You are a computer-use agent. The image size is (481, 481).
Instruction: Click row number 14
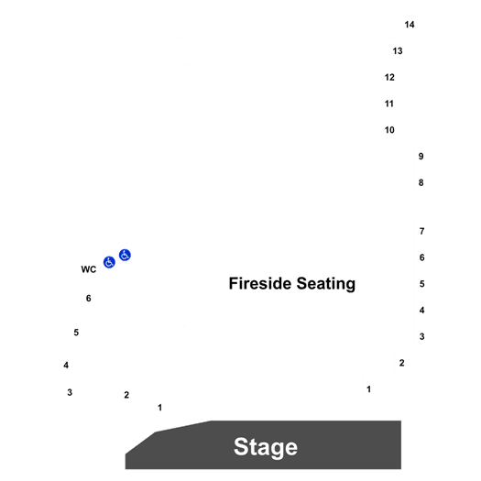click(x=410, y=25)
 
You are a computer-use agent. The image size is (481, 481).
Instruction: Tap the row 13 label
click(x=398, y=51)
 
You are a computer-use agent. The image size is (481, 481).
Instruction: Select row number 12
click(x=389, y=77)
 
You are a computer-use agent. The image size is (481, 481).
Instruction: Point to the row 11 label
click(x=389, y=104)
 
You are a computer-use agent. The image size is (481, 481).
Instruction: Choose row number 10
click(x=389, y=130)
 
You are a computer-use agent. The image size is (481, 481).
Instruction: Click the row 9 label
click(x=421, y=157)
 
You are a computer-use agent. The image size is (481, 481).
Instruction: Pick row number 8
click(x=421, y=183)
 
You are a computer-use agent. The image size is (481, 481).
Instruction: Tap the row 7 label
click(x=421, y=231)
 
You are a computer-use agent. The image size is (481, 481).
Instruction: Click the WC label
click(x=89, y=269)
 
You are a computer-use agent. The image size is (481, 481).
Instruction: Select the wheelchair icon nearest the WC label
click(x=109, y=262)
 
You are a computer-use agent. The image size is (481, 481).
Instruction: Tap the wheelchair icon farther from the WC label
click(x=125, y=255)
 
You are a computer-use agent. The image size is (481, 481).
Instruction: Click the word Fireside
click(x=260, y=283)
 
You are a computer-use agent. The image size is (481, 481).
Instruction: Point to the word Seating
click(x=326, y=284)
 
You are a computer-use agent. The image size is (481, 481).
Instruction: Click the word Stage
click(x=266, y=447)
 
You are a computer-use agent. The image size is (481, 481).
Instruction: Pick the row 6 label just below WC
click(x=88, y=298)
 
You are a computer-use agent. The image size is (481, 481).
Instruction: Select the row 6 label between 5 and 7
click(x=421, y=257)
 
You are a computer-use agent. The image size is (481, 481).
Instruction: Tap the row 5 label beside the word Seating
click(x=421, y=284)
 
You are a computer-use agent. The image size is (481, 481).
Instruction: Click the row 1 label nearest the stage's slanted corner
click(x=159, y=408)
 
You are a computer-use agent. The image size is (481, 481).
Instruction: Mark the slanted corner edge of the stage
click(x=140, y=443)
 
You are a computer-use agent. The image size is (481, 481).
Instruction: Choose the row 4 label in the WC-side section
click(x=66, y=365)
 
